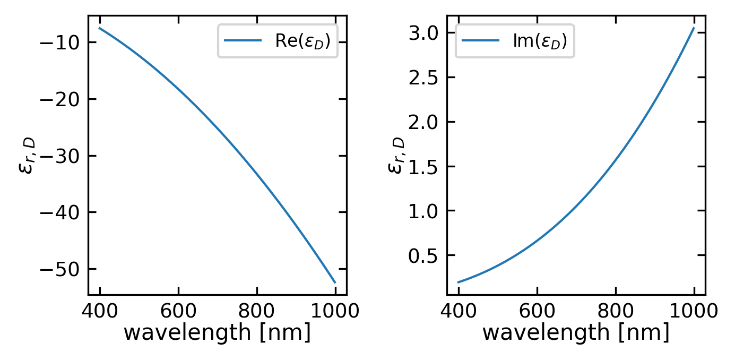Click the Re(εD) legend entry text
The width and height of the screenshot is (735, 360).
[x=306, y=42]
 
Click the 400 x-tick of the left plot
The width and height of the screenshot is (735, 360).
[x=100, y=311]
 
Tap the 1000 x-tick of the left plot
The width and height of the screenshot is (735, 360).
[x=335, y=311]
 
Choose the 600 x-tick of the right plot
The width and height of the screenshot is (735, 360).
[x=537, y=311]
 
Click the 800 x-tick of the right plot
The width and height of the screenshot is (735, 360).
[x=616, y=311]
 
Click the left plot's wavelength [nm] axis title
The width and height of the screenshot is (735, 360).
[x=217, y=332]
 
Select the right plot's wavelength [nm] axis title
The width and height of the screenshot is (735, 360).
[x=576, y=332]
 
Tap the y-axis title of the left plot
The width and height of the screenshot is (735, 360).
[x=27, y=155]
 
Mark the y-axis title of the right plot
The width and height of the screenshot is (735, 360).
[x=396, y=155]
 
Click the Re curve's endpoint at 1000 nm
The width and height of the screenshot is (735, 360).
[x=335, y=282]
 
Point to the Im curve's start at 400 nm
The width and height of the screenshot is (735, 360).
[x=459, y=282]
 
